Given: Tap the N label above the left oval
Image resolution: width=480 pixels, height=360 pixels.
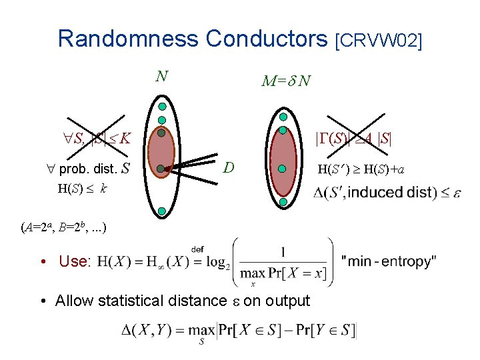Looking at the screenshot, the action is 161,76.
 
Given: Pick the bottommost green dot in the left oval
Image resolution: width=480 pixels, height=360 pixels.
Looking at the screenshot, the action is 162,211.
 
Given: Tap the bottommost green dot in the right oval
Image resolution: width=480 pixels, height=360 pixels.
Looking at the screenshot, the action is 283,201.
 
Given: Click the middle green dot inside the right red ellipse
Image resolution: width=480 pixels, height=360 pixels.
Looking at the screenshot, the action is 283,169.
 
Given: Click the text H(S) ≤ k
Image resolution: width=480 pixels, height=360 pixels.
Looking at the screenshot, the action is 83,189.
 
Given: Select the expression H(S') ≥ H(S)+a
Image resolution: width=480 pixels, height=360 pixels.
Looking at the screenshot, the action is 361,169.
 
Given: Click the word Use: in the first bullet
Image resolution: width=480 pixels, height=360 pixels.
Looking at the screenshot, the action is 75,261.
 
